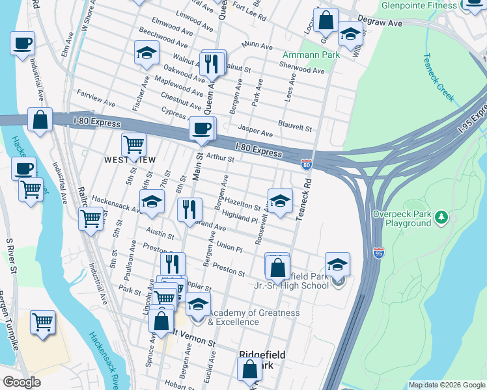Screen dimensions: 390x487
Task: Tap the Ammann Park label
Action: (x=311, y=55)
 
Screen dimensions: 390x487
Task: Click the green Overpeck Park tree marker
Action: (x=442, y=217)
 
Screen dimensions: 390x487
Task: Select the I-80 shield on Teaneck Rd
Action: (x=306, y=165)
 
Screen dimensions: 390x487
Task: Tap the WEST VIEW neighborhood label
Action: (x=129, y=159)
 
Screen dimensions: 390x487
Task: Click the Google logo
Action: (x=21, y=382)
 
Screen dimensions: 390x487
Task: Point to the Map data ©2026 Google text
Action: (x=446, y=384)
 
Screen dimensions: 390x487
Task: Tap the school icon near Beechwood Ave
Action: (x=146, y=53)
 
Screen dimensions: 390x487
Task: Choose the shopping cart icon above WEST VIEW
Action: (x=133, y=144)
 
